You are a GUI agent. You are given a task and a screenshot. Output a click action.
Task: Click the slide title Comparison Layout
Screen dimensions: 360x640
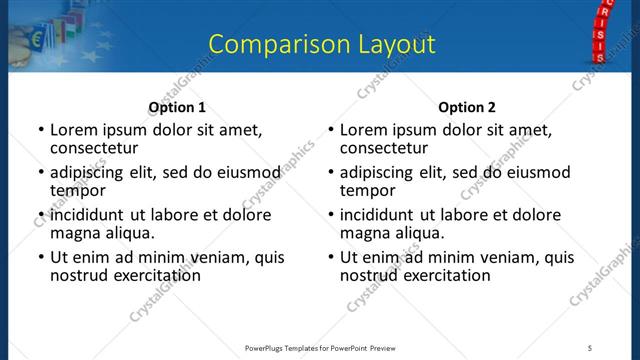322,44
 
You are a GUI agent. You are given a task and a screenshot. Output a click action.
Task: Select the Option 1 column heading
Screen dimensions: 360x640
177,107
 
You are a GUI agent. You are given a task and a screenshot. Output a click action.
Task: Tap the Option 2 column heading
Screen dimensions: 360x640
467,107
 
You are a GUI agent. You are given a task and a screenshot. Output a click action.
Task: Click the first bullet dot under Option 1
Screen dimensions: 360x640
41,130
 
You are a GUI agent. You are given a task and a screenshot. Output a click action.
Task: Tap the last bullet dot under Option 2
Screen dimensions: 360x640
331,258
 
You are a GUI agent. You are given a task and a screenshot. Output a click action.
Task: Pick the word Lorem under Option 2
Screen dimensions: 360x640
363,130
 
